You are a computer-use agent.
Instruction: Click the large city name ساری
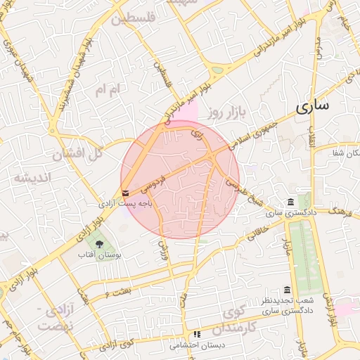click(311, 108)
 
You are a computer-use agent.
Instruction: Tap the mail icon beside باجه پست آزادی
click(125, 192)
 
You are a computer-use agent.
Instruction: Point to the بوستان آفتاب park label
click(100, 254)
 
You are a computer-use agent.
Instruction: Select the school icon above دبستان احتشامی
click(198, 334)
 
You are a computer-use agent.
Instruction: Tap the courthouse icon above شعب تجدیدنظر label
click(287, 290)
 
